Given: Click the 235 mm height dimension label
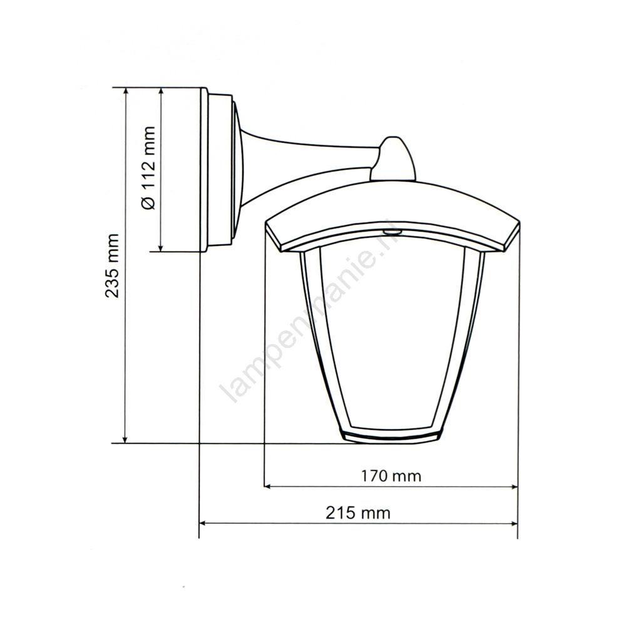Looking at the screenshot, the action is coord(112,266).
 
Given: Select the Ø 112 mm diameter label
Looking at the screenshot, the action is coord(148,168).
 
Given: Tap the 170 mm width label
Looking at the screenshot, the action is coord(391,475).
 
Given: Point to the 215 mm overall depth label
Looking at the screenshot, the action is coord(357,512).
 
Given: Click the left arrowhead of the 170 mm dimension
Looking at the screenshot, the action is coord(268,487).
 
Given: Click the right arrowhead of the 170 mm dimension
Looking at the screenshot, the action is coord(514,487).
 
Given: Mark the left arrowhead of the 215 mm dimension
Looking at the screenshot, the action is coord(203,523).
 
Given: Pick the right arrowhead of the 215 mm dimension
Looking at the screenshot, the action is coord(514,523).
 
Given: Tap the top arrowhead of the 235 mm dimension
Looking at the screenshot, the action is coord(126,92).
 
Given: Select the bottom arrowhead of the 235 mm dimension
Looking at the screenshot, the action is coord(126,439).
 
